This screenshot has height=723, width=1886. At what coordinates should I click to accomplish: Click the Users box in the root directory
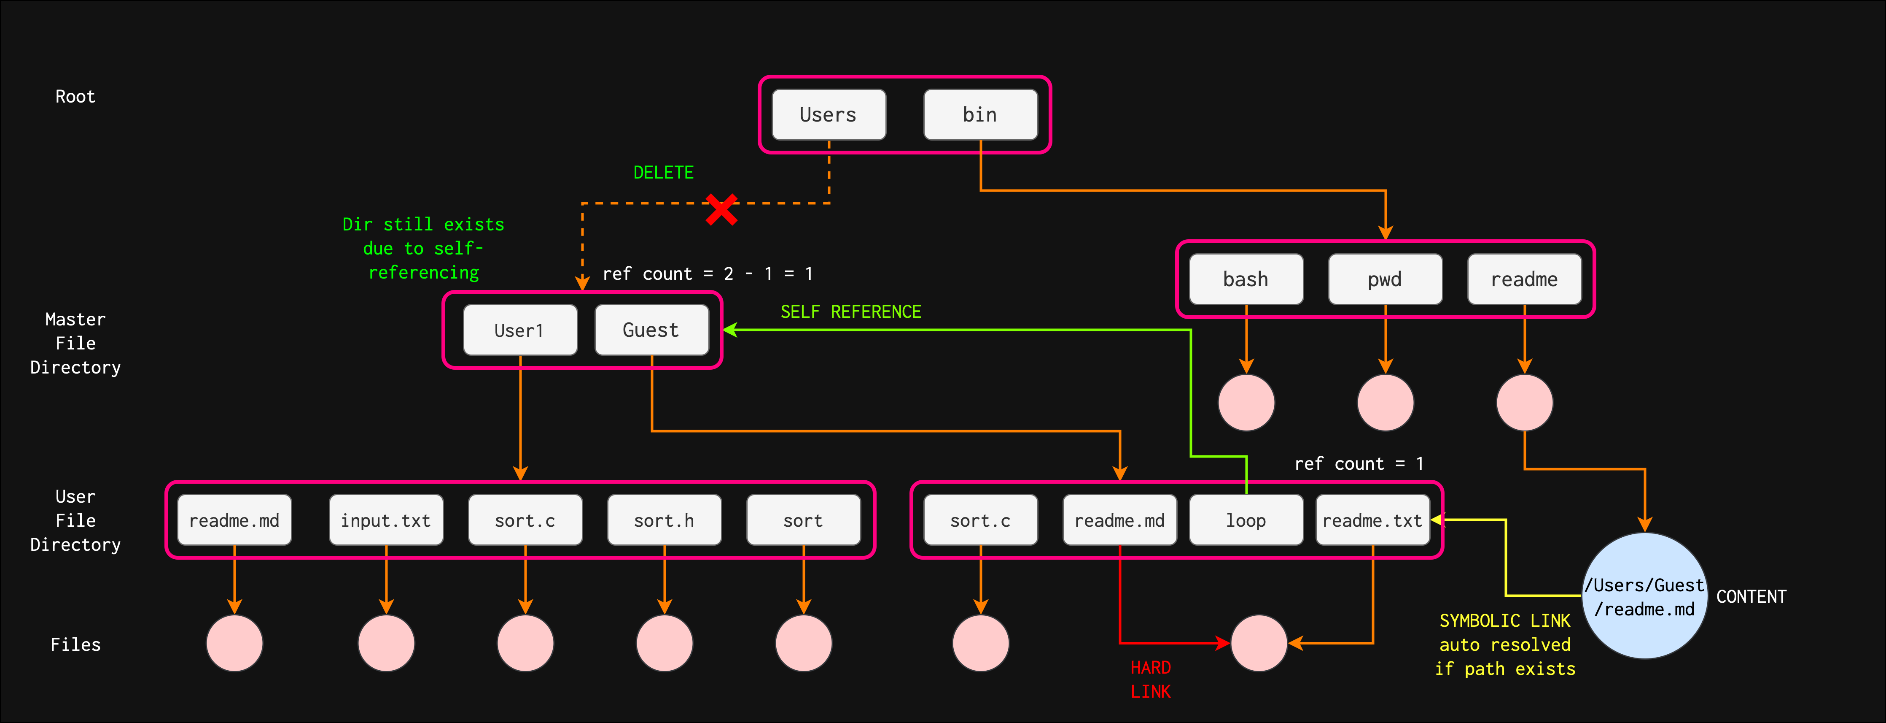[828, 115]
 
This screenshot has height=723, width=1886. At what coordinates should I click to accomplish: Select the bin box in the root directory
[979, 115]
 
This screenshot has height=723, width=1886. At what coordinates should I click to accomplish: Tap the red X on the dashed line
[721, 209]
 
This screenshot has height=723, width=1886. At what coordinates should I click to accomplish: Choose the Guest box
[651, 330]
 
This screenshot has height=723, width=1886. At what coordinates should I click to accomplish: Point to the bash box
[1246, 279]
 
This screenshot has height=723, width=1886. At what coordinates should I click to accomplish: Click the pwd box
[1385, 279]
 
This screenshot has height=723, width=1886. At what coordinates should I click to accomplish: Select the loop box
[1246, 520]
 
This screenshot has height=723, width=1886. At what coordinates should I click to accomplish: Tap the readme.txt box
[1372, 520]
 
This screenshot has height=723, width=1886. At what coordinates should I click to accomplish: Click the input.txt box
[386, 520]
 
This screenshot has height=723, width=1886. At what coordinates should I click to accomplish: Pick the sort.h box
[664, 520]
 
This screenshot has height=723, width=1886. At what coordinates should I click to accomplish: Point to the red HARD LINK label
[1150, 679]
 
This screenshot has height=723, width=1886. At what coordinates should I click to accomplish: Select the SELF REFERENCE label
[850, 312]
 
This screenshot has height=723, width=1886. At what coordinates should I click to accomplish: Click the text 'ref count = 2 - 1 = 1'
[707, 274]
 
